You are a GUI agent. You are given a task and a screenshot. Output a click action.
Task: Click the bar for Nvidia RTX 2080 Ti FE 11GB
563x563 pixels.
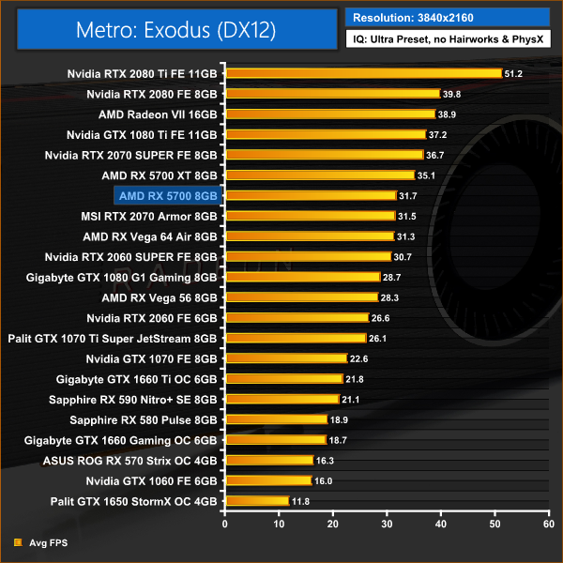(x=363, y=73)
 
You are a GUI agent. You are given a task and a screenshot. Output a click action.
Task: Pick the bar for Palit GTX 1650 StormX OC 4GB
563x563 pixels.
(x=256, y=501)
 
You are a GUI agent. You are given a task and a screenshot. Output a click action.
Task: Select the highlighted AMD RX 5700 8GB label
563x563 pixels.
(x=168, y=195)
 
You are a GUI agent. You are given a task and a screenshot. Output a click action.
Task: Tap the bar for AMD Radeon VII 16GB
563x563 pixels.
(x=329, y=114)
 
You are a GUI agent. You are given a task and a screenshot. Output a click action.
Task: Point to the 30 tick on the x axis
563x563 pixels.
(x=388, y=523)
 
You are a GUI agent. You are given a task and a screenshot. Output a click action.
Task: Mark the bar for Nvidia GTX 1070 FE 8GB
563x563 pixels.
(x=285, y=358)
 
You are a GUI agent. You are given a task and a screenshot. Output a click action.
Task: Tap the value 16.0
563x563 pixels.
(x=322, y=480)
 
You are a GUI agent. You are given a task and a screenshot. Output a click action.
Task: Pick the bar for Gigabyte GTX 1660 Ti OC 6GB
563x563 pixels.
(x=283, y=379)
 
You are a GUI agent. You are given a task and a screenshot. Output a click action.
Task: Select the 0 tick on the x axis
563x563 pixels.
(x=225, y=523)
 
